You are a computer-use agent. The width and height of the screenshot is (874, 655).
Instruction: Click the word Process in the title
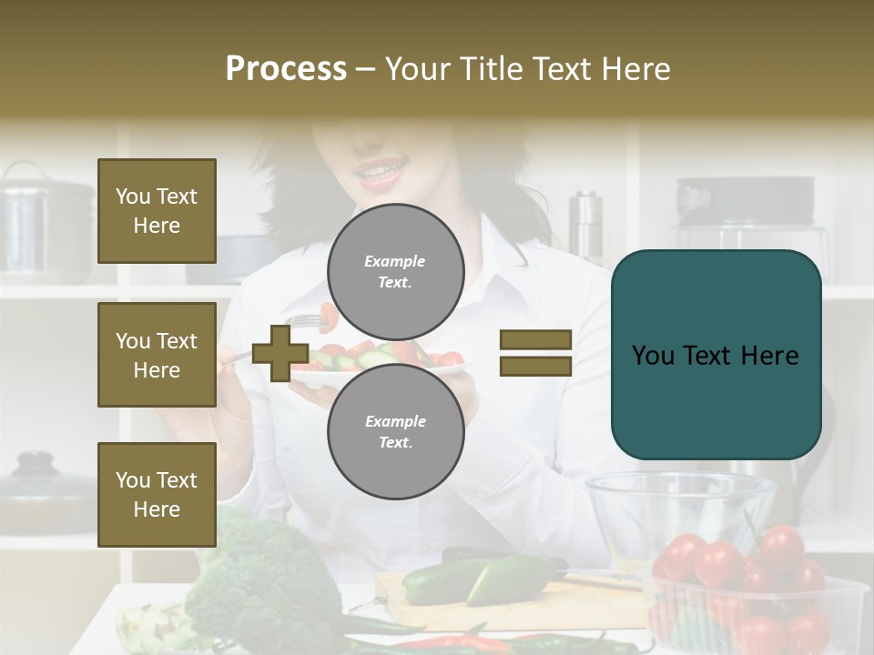(286, 69)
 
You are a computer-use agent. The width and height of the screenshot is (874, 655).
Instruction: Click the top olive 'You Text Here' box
(157, 211)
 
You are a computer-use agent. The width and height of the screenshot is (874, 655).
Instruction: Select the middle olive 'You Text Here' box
(157, 355)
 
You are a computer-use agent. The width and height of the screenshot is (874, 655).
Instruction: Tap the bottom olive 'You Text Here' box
(157, 495)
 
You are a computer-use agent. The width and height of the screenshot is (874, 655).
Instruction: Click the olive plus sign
(279, 354)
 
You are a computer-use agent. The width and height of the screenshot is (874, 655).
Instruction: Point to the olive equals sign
(535, 353)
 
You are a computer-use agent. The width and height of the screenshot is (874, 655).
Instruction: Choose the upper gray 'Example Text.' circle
(395, 272)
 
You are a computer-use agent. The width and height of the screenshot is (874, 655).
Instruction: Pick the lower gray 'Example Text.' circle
(395, 432)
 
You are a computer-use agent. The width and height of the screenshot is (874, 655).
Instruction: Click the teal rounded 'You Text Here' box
(716, 355)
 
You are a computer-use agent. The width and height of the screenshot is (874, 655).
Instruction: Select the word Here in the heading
(634, 69)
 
